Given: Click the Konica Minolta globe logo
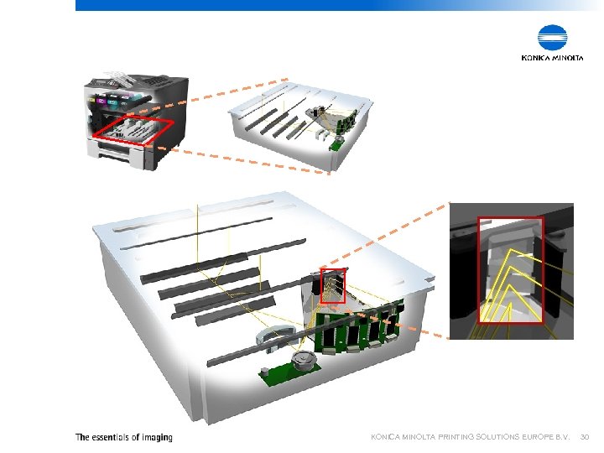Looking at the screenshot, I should (553, 39).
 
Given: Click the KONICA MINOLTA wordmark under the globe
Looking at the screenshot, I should (553, 58).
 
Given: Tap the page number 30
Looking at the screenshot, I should (585, 437).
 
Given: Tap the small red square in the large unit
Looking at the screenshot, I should (333, 286).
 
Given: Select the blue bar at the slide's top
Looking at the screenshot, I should (336, 5).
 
